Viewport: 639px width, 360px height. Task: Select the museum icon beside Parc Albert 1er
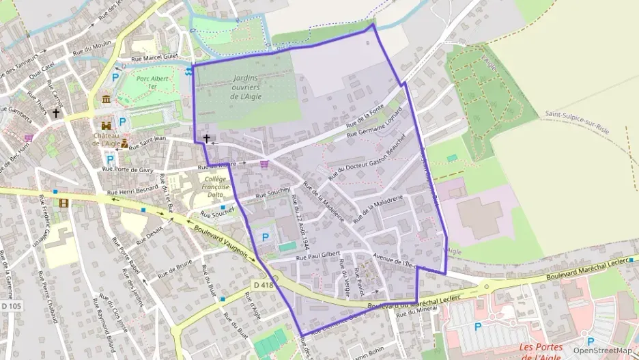click(x=106, y=100)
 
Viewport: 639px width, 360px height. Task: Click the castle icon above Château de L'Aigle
click(x=106, y=126)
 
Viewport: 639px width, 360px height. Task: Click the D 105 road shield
click(x=11, y=306)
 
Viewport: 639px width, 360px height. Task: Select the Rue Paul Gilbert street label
click(x=317, y=258)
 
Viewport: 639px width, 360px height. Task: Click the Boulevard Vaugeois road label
click(x=220, y=242)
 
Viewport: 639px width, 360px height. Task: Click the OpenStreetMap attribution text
click(x=602, y=350)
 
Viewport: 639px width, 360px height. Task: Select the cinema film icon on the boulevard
click(x=63, y=202)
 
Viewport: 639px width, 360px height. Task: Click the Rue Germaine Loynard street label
click(x=375, y=126)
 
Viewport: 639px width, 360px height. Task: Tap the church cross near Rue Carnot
click(x=56, y=113)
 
